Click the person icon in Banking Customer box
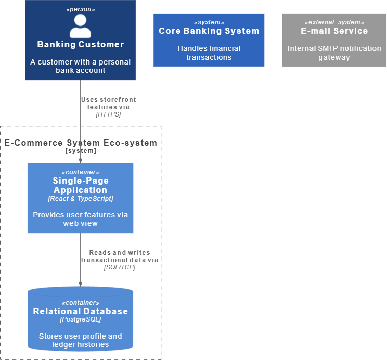(x=80, y=26)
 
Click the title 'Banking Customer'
(x=81, y=44)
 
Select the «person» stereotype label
(x=81, y=9)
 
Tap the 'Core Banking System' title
(x=209, y=31)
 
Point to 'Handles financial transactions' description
(x=209, y=53)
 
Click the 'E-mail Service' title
(x=334, y=31)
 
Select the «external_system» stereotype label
(x=334, y=22)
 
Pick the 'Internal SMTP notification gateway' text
(x=334, y=53)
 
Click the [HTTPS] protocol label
(x=108, y=114)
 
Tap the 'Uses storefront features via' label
(x=108, y=103)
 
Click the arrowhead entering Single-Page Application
(x=80, y=161)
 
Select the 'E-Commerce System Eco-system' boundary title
(x=81, y=143)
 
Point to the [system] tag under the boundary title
(x=81, y=151)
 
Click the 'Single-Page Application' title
(x=81, y=185)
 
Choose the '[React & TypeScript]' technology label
(x=81, y=199)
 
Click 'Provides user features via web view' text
(x=81, y=219)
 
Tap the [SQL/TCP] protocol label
(x=120, y=267)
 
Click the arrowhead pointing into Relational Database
(x=80, y=284)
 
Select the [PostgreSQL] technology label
(x=81, y=319)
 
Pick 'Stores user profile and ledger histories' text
(x=81, y=340)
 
